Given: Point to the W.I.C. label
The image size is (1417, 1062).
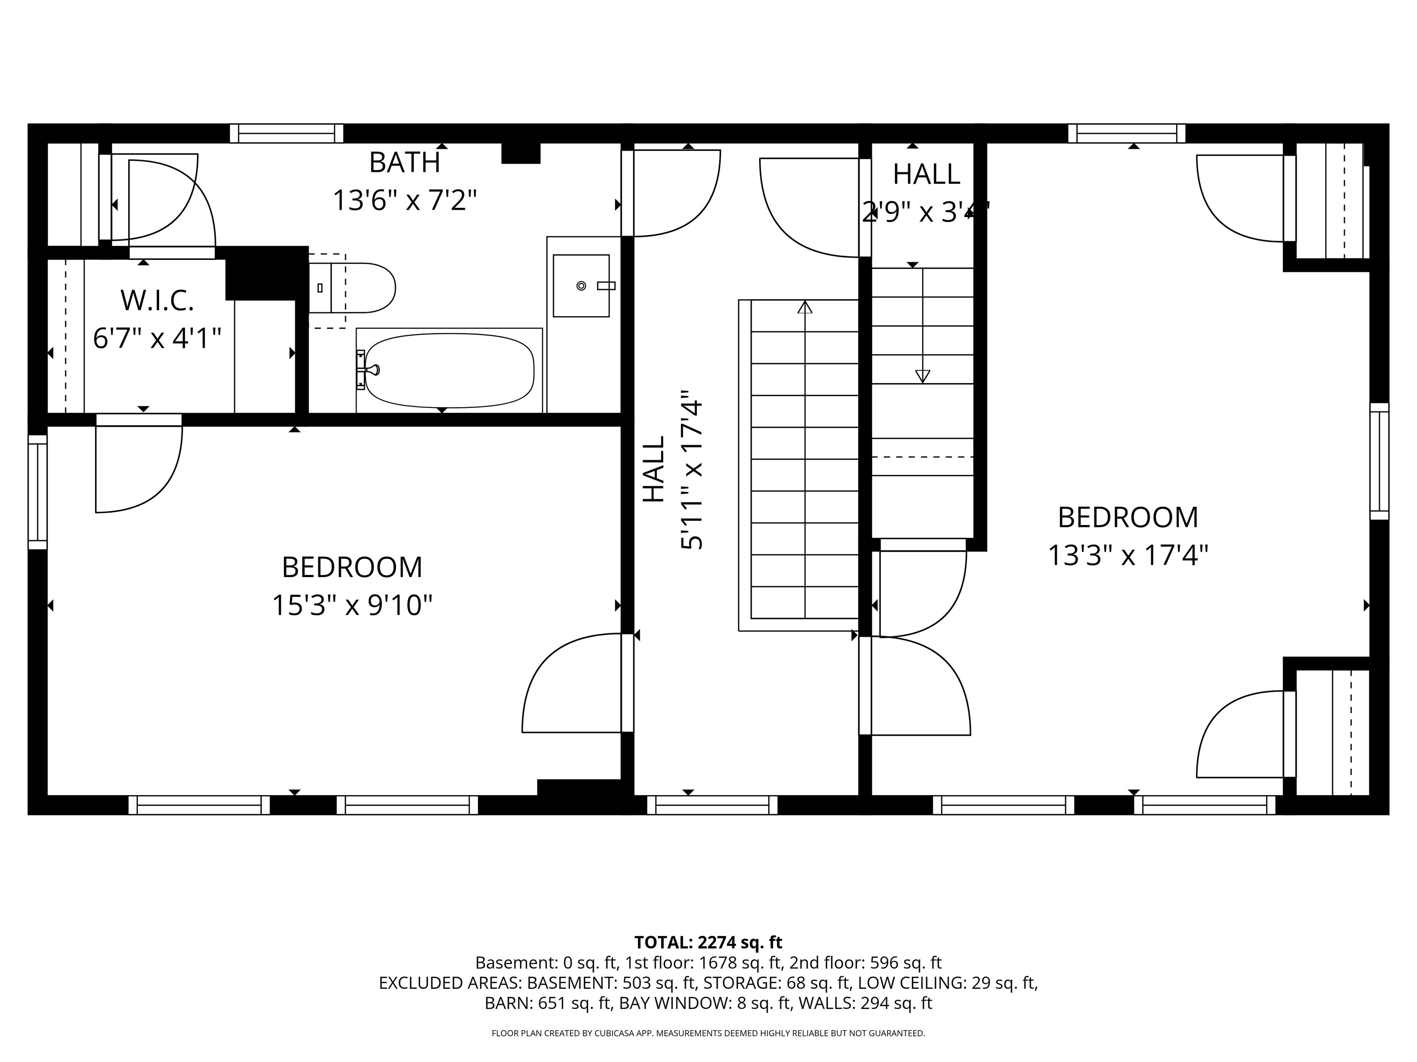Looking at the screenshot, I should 157,301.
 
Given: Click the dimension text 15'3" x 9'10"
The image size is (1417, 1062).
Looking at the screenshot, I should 352,605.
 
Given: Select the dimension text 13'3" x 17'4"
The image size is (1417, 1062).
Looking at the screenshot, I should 1127,555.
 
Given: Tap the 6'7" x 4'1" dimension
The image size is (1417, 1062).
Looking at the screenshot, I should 157,338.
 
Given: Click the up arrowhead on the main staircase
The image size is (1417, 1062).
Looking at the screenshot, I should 804,307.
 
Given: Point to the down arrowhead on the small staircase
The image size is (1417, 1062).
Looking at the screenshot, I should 923,377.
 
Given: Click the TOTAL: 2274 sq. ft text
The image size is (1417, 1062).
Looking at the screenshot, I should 708,942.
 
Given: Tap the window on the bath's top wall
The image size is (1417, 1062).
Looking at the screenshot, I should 286,134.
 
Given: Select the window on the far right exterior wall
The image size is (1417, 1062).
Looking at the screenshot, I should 1379,461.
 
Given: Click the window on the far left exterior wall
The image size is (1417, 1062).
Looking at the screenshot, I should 38,492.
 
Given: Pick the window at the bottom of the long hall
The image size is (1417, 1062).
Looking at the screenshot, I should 712,805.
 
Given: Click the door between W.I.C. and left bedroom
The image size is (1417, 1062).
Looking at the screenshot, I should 139,420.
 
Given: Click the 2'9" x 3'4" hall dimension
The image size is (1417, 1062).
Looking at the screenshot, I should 926,212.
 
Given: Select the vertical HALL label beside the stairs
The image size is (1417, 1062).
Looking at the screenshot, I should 654,469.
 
